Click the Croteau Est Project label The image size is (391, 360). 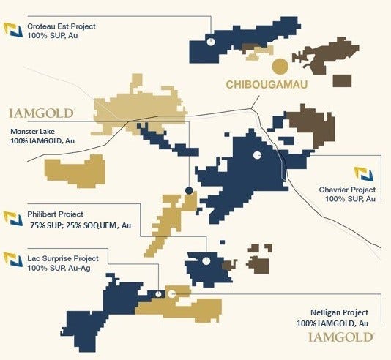pos(62,26)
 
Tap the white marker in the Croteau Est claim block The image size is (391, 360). pos(209,42)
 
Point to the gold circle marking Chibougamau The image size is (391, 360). pos(280,67)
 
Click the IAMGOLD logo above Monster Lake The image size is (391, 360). pos(42,113)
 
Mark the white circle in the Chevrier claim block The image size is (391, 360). pos(257,156)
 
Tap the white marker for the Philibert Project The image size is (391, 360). pos(206,260)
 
